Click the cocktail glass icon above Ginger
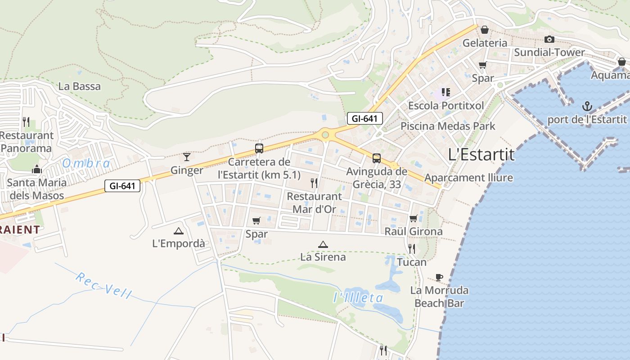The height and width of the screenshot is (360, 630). tap(187, 157)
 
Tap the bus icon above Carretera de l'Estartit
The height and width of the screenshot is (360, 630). tap(259, 148)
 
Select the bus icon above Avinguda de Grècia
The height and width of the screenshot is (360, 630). tap(376, 158)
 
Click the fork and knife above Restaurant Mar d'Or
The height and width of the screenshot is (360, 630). tap(314, 183)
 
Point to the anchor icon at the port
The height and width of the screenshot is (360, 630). tap(587, 107)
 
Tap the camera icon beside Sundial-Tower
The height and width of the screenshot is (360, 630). tap(549, 40)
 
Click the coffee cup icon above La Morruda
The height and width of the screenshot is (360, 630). tap(439, 277)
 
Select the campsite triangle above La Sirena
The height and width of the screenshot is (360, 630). tap(323, 244)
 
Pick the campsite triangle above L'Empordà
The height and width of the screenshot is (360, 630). tap(179, 231)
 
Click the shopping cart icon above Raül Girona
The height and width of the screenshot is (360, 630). tap(414, 219)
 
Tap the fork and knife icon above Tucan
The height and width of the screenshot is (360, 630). tap(411, 248)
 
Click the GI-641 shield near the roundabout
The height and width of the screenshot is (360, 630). tap(364, 118)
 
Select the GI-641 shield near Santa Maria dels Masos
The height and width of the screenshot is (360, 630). tap(122, 185)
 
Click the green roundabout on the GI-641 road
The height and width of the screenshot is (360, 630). tap(325, 135)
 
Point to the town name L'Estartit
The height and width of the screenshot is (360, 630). tap(481, 154)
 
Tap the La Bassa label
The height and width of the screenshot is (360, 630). tap(80, 86)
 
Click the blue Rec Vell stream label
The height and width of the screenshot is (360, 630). tap(104, 285)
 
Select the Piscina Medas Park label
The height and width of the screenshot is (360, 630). tap(448, 126)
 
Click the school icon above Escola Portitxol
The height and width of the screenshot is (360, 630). tap(445, 92)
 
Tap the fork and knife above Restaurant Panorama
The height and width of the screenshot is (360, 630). tap(26, 121)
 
